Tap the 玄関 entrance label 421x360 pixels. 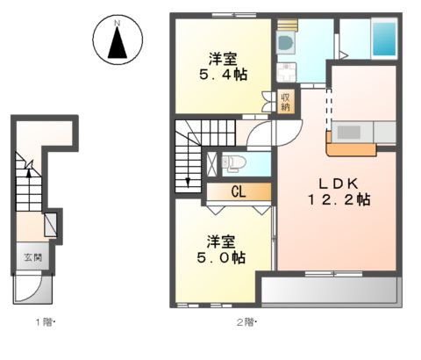tap(29, 258)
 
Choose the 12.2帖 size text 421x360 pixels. tap(339, 200)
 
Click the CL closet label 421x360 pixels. tap(238, 190)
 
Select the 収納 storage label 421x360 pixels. tap(285, 101)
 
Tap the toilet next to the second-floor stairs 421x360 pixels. tap(230, 162)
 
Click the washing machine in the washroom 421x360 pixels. tap(286, 40)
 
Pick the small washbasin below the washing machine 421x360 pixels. tap(286, 71)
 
